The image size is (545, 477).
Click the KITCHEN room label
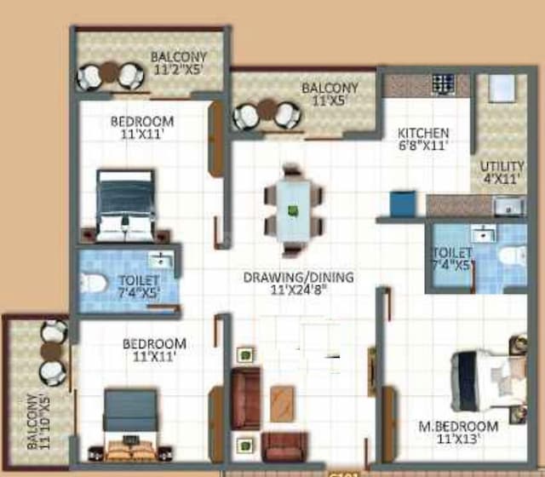tap(423, 134)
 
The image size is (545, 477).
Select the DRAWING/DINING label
tap(298, 277)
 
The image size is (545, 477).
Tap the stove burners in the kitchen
tap(443, 83)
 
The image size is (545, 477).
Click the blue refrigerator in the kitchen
tap(403, 204)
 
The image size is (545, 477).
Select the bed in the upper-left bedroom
tap(125, 205)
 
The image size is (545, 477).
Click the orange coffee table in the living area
tap(282, 403)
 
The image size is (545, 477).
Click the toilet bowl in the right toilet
tap(509, 256)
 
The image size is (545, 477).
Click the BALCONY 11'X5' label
tap(329, 94)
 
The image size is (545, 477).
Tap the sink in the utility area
tap(508, 205)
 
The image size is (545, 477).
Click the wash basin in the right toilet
tap(482, 232)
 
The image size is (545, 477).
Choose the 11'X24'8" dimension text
tap(298, 289)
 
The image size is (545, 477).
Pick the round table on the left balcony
tap(51, 350)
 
